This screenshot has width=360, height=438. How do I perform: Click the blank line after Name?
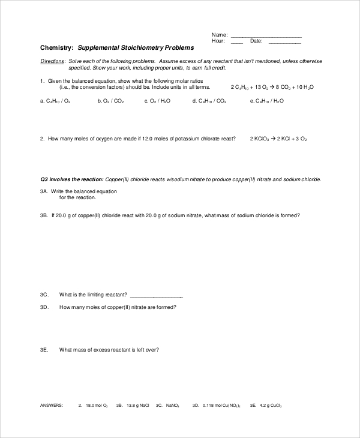(266, 36)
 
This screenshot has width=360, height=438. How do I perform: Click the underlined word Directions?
(52, 61)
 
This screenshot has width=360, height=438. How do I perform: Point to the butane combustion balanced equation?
(272, 87)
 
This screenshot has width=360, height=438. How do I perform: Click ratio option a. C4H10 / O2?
(55, 101)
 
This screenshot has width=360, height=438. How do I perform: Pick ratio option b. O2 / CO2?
(110, 101)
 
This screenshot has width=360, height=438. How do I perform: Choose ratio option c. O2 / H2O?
(158, 101)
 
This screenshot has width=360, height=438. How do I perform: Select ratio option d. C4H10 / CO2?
(209, 101)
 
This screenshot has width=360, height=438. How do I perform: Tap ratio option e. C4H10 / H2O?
(266, 101)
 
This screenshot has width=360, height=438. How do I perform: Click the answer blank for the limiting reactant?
(156, 295)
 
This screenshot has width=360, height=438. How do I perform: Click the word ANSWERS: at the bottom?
(52, 406)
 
